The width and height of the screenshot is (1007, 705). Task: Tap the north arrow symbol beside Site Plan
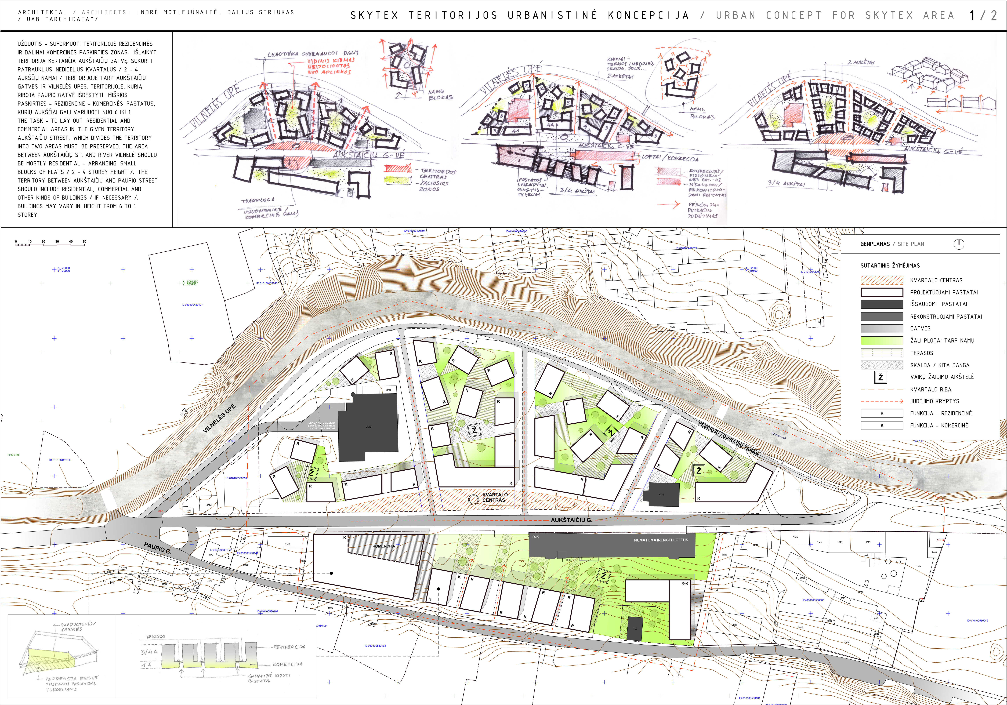(x=959, y=244)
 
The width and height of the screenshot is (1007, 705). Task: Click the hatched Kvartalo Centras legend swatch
(x=882, y=280)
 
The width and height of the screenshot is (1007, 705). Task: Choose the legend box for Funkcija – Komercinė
(x=882, y=425)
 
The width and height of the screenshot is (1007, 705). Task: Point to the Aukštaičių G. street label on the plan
(x=571, y=520)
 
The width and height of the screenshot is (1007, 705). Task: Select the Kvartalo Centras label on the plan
(x=495, y=497)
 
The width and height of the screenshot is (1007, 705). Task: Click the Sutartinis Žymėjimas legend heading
(x=890, y=266)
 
